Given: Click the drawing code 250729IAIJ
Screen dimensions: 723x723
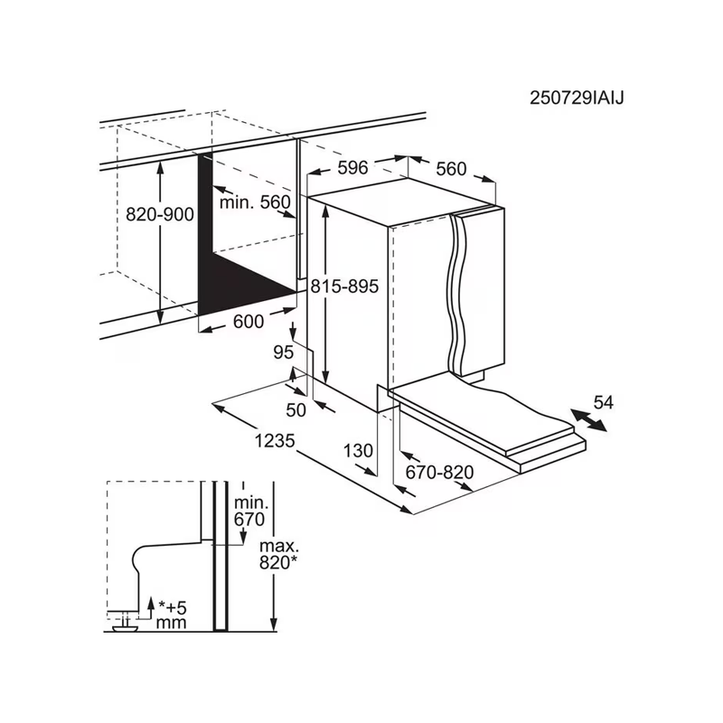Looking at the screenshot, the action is point(577,99).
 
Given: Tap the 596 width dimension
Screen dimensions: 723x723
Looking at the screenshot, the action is point(352,168).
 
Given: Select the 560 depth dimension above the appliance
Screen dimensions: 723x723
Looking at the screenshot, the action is point(451,169).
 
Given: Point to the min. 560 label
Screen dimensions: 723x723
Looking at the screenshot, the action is point(255,202).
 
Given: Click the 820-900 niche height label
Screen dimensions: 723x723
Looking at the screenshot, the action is point(160,214).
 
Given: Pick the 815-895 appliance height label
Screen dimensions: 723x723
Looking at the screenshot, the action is point(344,286).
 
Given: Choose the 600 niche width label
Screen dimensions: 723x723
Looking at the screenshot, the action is point(249,322).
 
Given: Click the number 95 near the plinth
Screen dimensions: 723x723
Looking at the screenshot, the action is point(283,352).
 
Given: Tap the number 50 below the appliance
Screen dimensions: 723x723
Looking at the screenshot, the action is point(296,410).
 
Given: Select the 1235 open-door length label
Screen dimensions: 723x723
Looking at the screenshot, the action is point(275,441).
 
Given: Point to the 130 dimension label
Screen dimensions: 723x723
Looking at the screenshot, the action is point(358,450).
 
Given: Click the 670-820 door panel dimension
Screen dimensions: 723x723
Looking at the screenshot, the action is point(440,472).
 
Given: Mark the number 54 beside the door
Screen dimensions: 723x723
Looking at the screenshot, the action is point(604,402).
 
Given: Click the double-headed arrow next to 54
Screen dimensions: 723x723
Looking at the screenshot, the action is point(589,420).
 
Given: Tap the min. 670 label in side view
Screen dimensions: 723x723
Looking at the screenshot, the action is point(249,512).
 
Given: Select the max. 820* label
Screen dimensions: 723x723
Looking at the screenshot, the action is point(278,554).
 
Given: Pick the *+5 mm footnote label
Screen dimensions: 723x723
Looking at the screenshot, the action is point(172,615).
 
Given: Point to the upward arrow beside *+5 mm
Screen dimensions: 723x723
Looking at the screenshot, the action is point(150,607).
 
